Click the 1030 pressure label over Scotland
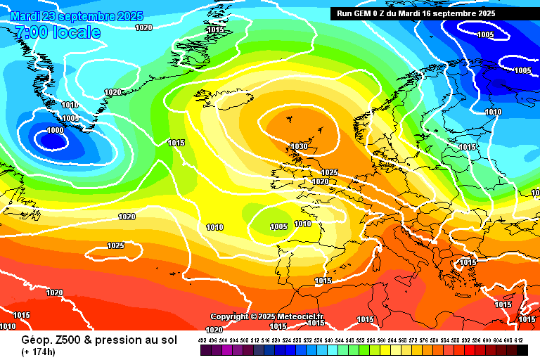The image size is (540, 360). pyautogui.click(x=300, y=146)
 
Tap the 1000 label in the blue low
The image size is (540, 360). pyautogui.click(x=55, y=130)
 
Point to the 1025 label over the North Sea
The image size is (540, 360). pyautogui.click(x=329, y=172)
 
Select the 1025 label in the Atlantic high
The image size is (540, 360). pyautogui.click(x=116, y=245)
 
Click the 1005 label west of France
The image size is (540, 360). pyautogui.click(x=279, y=226)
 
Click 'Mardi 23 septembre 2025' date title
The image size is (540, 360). pyautogui.click(x=77, y=16)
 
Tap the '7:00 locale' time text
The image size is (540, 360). pyautogui.click(x=58, y=32)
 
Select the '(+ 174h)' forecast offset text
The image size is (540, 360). pyautogui.click(x=39, y=352)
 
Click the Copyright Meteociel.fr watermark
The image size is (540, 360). pyautogui.click(x=267, y=316)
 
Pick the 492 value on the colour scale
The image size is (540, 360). pyautogui.click(x=202, y=340)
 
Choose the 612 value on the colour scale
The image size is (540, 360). pyautogui.click(x=518, y=340)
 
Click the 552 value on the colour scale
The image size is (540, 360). pyautogui.click(x=361, y=340)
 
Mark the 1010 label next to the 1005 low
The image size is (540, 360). pyautogui.click(x=302, y=224)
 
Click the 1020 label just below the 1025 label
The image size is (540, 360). pyautogui.click(x=320, y=181)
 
